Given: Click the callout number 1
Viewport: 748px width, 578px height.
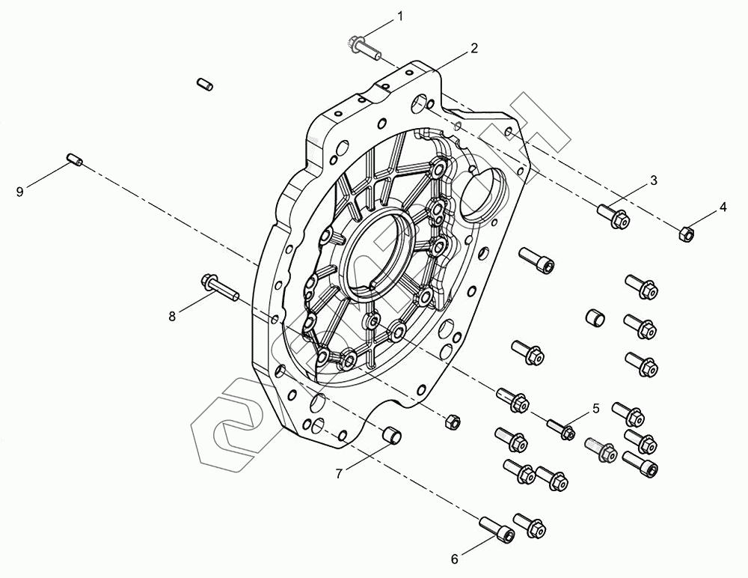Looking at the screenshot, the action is [x=400, y=16].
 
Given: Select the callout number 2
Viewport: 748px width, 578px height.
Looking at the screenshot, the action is [x=473, y=48].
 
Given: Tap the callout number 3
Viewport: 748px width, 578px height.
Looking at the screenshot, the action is [x=654, y=180].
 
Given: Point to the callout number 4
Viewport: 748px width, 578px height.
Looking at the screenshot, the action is [x=723, y=207].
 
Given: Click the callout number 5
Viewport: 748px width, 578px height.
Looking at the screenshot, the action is [x=595, y=409].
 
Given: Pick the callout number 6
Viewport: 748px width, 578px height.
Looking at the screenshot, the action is [x=455, y=559].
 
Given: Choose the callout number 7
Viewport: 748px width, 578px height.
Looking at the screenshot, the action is [x=339, y=474].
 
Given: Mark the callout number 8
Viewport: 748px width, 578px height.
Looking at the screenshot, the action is [x=172, y=316].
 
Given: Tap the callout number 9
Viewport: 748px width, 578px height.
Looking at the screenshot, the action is [x=19, y=192].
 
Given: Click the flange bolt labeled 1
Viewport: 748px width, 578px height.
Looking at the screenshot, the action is [x=364, y=48].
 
